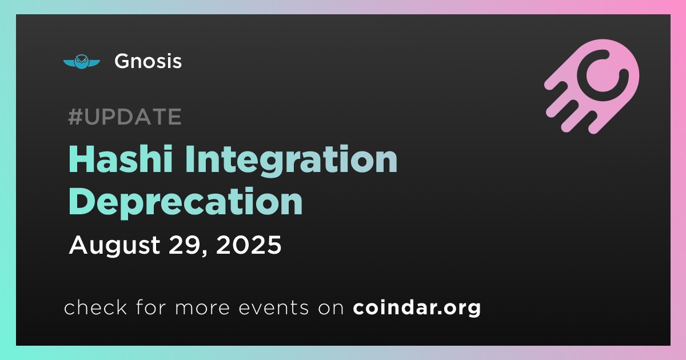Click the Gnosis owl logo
click(81, 62)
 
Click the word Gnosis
click(148, 61)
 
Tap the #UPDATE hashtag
click(125, 117)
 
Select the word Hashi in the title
click(121, 159)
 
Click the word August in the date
click(114, 246)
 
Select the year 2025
click(249, 245)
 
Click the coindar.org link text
click(417, 308)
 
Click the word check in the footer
click(95, 307)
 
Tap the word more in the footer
click(202, 309)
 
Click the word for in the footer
click(151, 307)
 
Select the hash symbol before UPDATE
click(75, 117)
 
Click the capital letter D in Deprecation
click(81, 201)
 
